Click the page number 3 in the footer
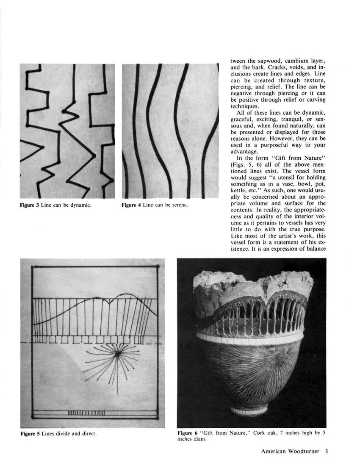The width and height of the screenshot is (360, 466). [x=327, y=451]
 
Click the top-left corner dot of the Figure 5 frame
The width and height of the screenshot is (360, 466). [x=33, y=266]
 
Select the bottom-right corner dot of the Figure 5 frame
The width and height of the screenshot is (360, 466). [x=158, y=418]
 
